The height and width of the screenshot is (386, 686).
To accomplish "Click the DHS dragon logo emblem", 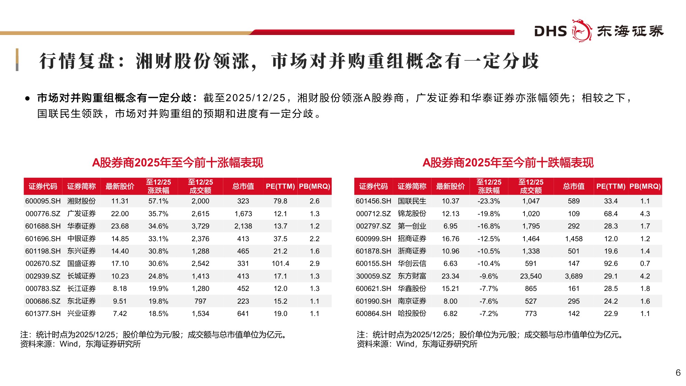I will tap(582, 31).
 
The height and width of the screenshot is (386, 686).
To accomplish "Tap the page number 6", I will tap(678, 373).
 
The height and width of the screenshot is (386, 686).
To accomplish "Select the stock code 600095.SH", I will tap(43, 201).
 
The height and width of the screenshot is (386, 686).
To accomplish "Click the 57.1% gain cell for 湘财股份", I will tap(158, 201).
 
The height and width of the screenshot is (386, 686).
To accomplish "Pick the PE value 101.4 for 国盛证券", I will tap(280, 264).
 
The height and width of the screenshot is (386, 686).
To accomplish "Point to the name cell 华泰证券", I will tap(81, 226).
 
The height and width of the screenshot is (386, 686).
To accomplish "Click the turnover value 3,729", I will tap(200, 226).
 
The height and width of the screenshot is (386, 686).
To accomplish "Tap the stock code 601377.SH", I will tap(43, 314).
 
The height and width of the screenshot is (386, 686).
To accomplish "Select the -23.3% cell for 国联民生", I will tap(488, 201).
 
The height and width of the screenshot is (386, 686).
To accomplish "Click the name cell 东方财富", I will tap(412, 276).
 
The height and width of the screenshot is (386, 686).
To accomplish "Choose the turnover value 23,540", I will tap(531, 276).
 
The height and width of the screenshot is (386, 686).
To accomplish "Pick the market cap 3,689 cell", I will tap(573, 276).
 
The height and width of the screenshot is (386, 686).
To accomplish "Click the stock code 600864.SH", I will tap(373, 314).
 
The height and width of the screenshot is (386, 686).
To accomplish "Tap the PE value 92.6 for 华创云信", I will tap(611, 264).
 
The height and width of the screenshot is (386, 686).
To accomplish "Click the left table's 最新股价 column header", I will tap(120, 186).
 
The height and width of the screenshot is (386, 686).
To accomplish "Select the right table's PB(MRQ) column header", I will tap(645, 186).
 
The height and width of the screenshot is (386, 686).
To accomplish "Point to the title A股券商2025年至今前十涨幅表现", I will tap(178, 163).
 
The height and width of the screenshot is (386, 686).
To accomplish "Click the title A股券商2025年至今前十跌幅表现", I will tap(508, 163).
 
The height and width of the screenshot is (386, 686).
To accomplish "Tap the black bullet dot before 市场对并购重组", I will tap(27, 98).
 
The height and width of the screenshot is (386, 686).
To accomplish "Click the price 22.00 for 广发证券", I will tap(120, 214).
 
